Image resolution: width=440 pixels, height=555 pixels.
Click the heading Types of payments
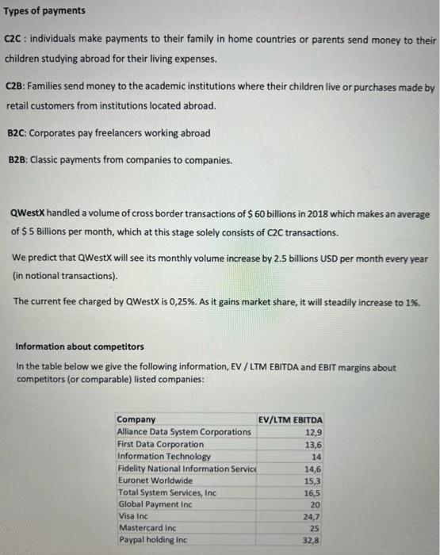pyautogui.click(x=45, y=12)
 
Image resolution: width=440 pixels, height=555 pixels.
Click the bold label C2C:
pyautogui.click(x=17, y=40)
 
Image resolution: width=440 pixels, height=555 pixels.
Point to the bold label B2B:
pyautogui.click(x=17, y=160)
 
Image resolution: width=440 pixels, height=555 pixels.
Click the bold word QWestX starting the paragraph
pyautogui.click(x=29, y=214)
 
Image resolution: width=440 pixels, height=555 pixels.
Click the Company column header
pyautogui.click(x=136, y=419)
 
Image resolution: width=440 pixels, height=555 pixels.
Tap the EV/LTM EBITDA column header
pyautogui.click(x=291, y=419)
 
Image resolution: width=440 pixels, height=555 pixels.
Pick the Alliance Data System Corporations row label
pyautogui.click(x=183, y=431)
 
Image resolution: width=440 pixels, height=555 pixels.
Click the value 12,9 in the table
pyautogui.click(x=314, y=432)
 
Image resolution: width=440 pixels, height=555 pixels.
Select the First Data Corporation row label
pyautogui.click(x=159, y=444)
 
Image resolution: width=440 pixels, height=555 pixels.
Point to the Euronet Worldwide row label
pyautogui.click(x=154, y=480)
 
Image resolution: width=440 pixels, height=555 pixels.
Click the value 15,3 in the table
pyautogui.click(x=314, y=480)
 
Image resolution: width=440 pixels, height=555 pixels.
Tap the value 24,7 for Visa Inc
pyautogui.click(x=314, y=516)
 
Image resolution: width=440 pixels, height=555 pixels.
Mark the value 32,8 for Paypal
pyautogui.click(x=314, y=540)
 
